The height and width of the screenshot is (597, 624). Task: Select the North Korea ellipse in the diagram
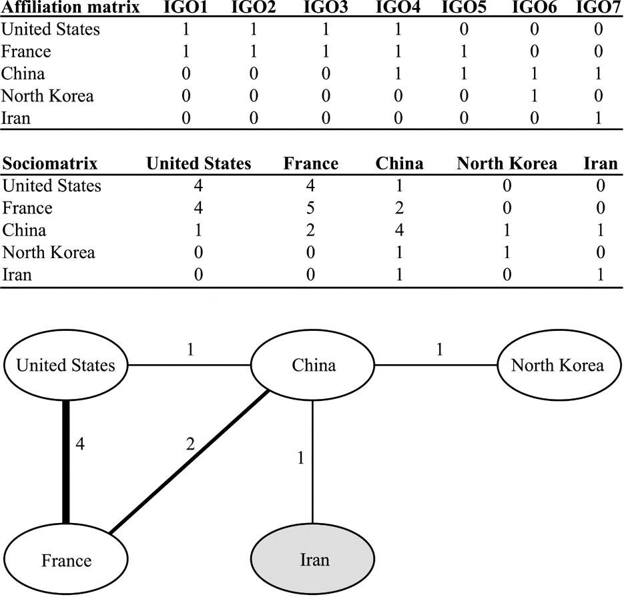[x=557, y=365]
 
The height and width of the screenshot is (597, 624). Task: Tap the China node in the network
[x=313, y=365]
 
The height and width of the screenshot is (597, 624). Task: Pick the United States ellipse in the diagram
[x=65, y=365]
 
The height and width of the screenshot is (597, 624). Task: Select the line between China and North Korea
[x=435, y=366]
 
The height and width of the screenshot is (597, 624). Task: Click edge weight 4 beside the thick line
[x=79, y=444]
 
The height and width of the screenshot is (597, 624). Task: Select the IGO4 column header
[x=398, y=9]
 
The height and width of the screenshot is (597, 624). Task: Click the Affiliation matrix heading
[x=70, y=9]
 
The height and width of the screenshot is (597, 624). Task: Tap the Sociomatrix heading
[x=51, y=163]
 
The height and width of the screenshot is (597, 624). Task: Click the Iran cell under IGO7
[x=599, y=118]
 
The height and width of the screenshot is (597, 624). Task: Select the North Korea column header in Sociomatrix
[x=507, y=163]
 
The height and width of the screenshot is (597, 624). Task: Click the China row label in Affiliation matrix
[x=23, y=73]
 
